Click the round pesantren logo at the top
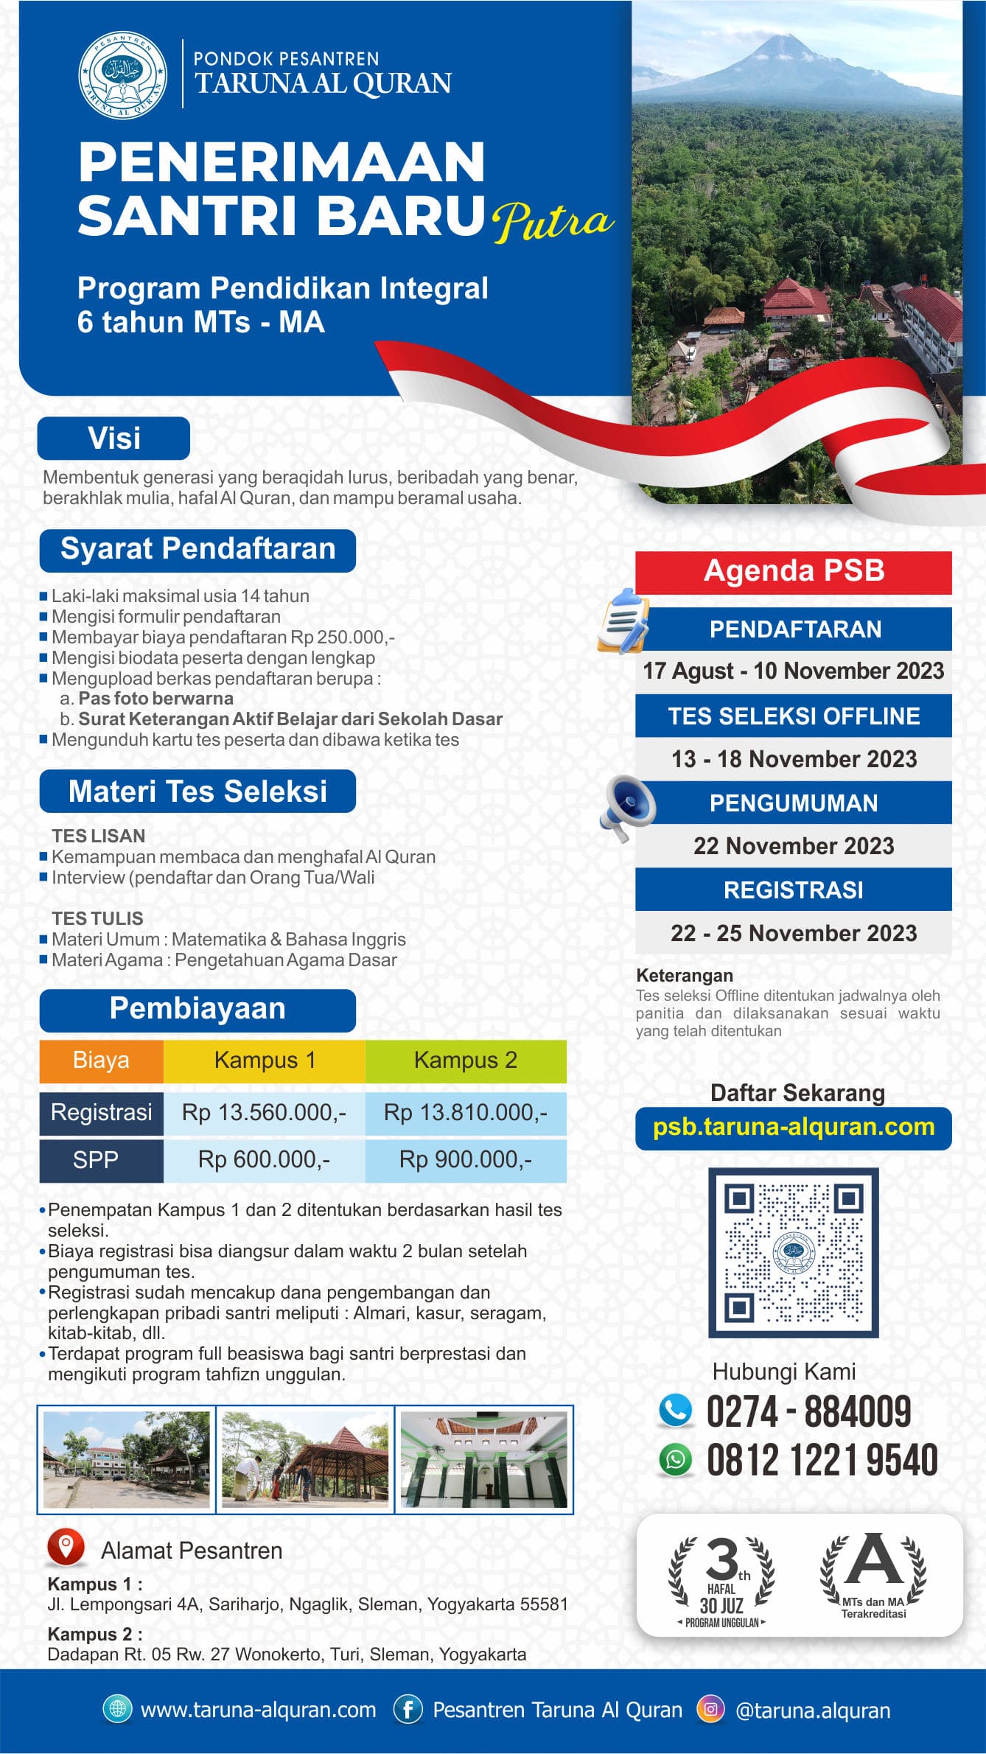point(122,74)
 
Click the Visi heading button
point(113,438)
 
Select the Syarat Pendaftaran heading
point(197,550)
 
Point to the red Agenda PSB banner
point(794,572)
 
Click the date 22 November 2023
point(794,846)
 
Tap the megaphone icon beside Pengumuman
point(628,807)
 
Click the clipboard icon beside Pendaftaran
point(623,621)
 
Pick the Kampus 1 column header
point(265,1061)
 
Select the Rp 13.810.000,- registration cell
point(466,1112)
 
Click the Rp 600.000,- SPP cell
point(265,1160)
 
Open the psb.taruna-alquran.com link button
point(794,1128)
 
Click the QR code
point(794,1252)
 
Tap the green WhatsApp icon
point(676,1460)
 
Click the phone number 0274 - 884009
point(808,1412)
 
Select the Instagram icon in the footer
point(710,1709)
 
